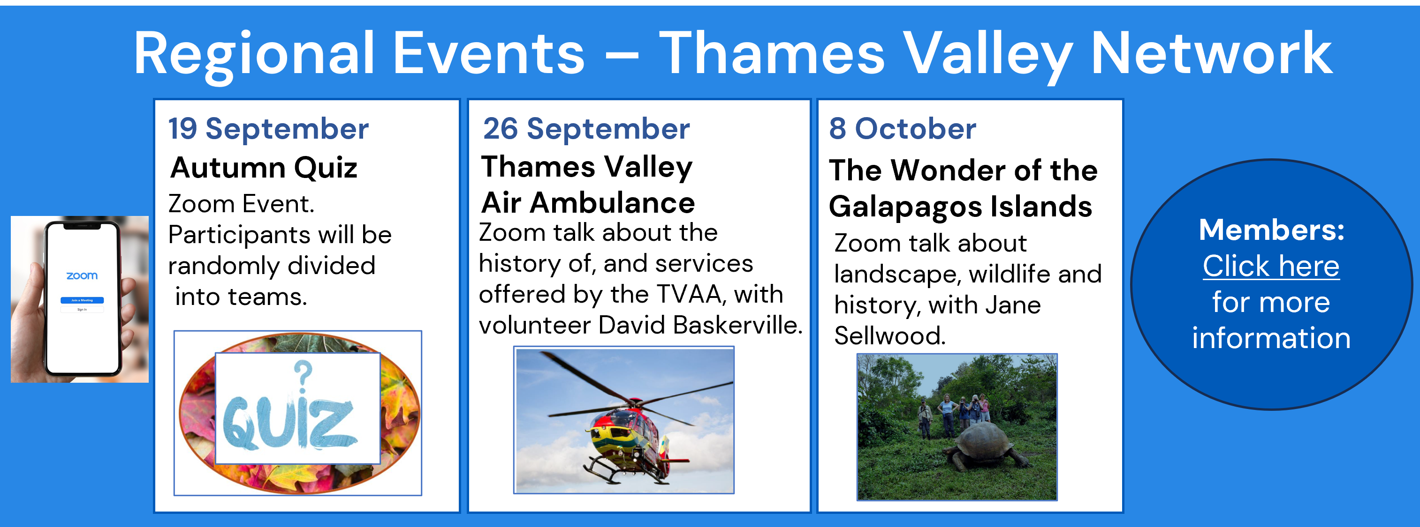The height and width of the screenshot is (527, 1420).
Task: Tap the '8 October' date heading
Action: tap(903, 129)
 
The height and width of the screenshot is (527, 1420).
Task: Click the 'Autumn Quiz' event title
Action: tap(264, 168)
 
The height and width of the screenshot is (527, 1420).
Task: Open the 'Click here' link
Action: tap(1271, 266)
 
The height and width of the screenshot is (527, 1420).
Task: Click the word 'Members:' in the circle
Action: tap(1272, 230)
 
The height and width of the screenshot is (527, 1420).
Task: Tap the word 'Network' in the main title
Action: tap(1211, 53)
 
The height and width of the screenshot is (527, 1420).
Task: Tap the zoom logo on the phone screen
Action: tap(82, 275)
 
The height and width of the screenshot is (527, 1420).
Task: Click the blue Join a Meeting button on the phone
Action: tap(82, 300)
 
